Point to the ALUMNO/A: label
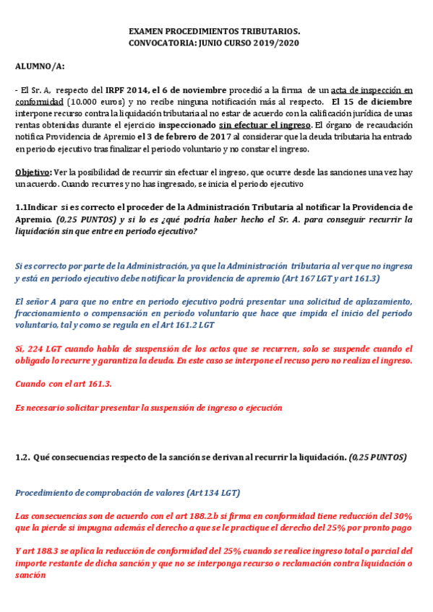(x=40, y=66)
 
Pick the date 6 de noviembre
(x=196, y=90)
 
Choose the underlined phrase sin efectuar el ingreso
(x=265, y=126)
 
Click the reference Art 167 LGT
(x=315, y=279)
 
